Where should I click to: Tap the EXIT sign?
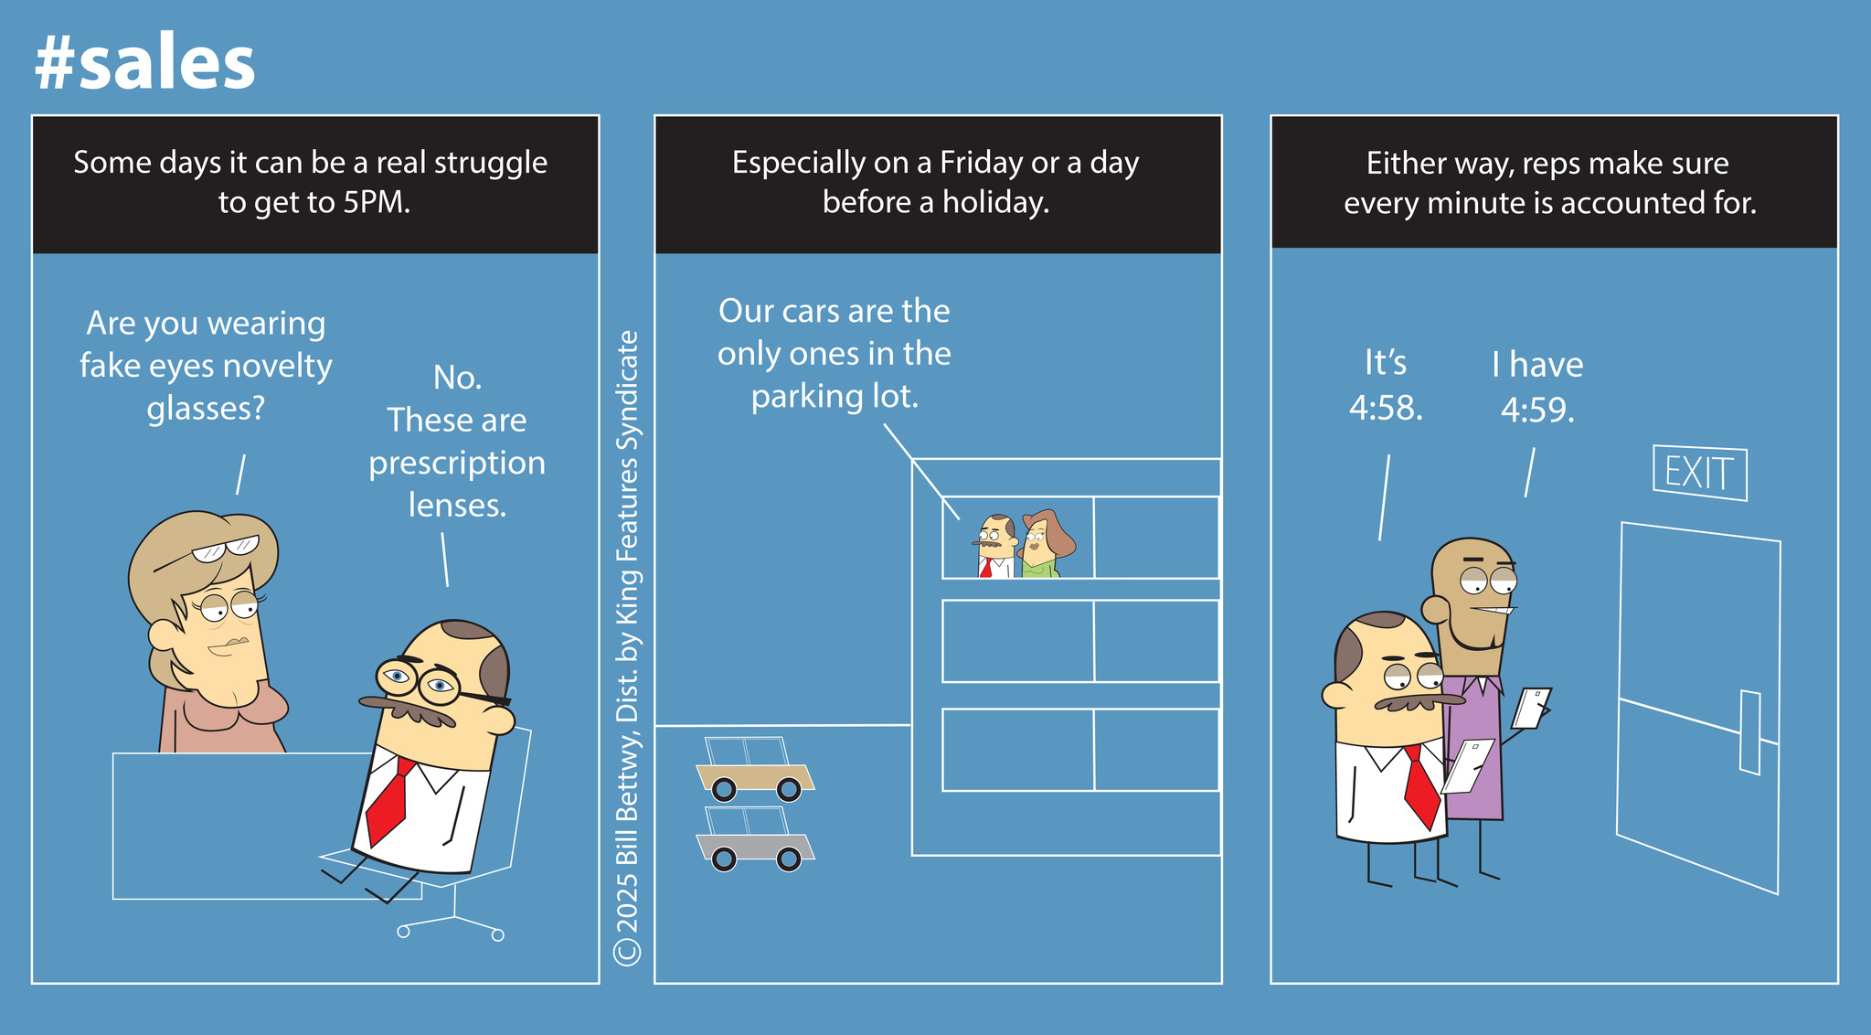[1700, 473]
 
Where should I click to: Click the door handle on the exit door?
[1750, 732]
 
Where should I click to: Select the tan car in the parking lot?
[755, 770]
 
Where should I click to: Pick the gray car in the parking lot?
[755, 839]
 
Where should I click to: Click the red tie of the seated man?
[388, 801]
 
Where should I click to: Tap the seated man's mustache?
[409, 710]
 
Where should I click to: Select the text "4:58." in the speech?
[1386, 408]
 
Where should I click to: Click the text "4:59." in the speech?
[1537, 410]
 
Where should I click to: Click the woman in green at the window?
[1045, 545]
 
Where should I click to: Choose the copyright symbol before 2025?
[628, 951]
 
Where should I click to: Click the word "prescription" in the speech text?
[457, 464]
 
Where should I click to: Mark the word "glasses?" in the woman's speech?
[206, 408]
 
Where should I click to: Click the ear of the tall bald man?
[1435, 608]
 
